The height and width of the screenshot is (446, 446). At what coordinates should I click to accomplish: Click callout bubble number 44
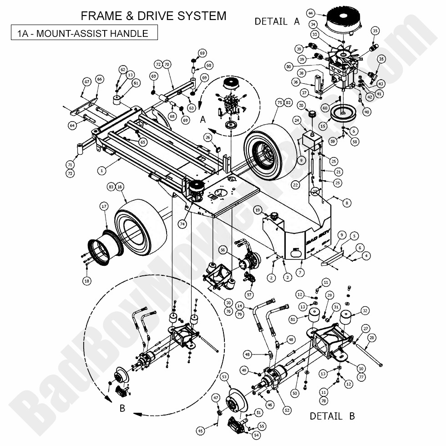324,13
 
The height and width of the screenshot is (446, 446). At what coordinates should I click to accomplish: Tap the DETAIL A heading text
277,21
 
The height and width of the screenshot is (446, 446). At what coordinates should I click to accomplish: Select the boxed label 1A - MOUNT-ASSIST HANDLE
84,33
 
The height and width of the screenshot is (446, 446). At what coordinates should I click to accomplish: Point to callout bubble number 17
104,207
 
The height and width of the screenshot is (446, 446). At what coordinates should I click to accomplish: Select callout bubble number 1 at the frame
102,170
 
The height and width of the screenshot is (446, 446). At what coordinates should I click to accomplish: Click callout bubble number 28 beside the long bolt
372,338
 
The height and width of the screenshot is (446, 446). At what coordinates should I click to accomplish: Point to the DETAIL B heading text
332,416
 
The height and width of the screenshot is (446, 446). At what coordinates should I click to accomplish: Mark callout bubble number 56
223,250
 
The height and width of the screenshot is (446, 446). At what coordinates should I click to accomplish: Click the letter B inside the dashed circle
122,408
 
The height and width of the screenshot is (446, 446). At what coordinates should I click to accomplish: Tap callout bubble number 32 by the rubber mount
365,311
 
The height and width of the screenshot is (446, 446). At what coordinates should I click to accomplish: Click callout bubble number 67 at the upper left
86,81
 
